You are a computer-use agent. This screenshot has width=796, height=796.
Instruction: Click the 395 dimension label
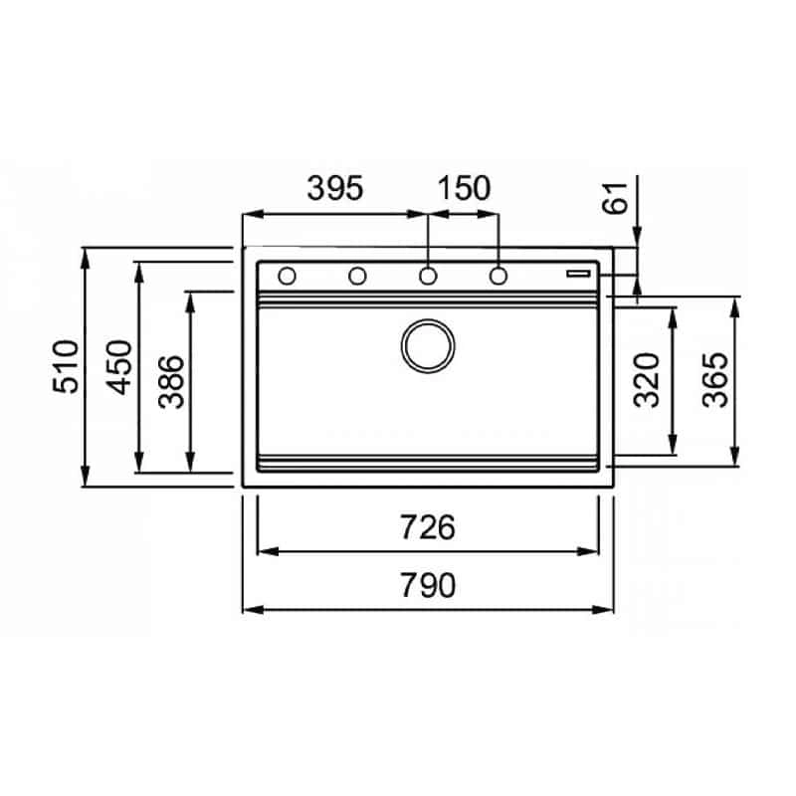pos(335,188)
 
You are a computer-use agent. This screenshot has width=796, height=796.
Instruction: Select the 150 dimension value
pos(464,188)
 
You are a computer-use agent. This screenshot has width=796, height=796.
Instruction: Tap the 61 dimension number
pos(615,198)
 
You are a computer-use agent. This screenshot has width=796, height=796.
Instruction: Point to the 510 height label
pos(66,366)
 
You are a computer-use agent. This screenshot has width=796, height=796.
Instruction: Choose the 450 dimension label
pos(119,367)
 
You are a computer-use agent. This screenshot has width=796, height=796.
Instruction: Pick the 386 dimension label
pos(171,382)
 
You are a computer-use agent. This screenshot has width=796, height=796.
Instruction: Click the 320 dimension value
pos(646,380)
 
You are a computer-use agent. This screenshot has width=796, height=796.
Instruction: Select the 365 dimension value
pos(714,380)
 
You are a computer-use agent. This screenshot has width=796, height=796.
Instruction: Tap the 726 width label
pos(428,527)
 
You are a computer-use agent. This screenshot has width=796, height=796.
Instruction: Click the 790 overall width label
pos(428,585)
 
